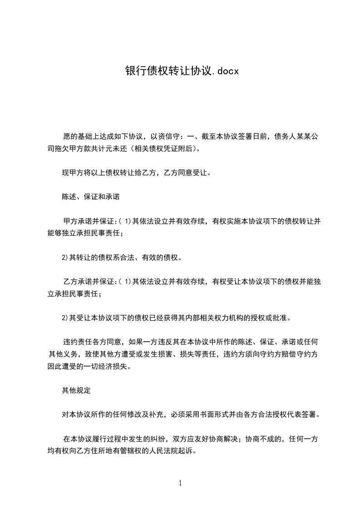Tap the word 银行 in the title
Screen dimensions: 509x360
tap(133, 71)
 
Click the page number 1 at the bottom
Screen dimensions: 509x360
tap(180, 483)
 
